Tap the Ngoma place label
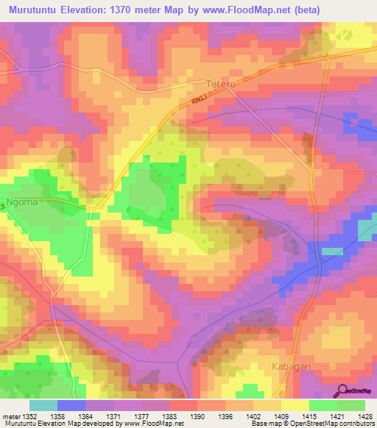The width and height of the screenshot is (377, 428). tap(21, 199)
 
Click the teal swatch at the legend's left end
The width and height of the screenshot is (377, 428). tap(43, 404)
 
